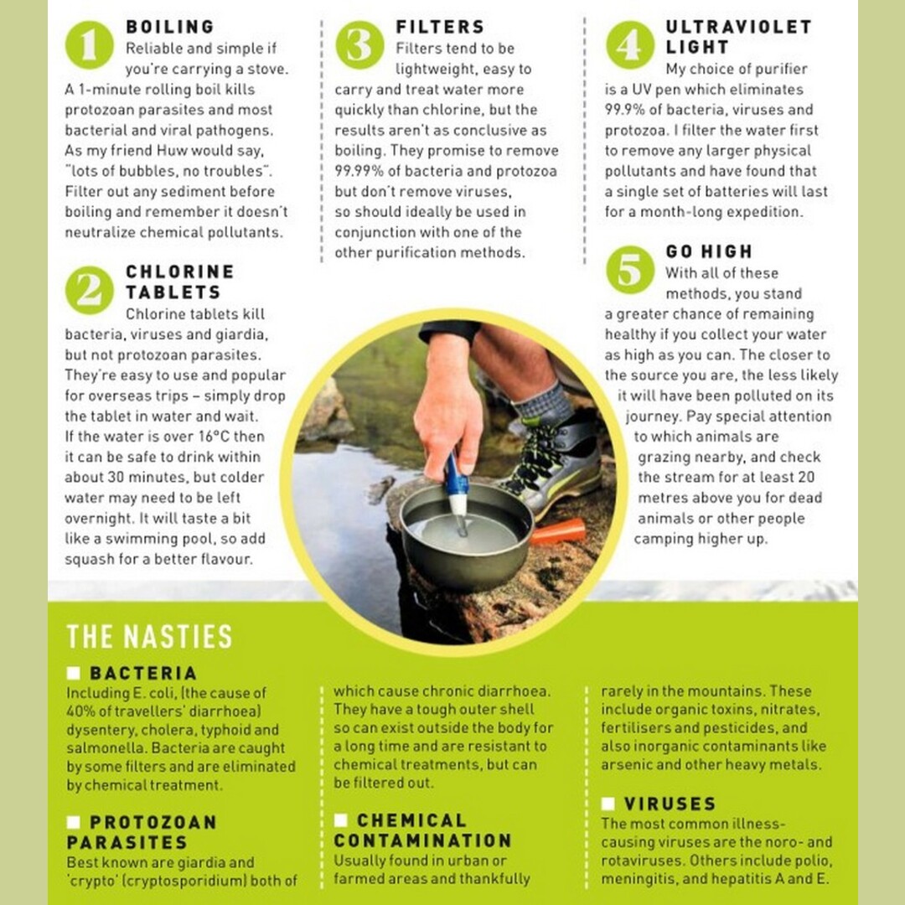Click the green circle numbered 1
tap(90, 45)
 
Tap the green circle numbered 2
tap(90, 290)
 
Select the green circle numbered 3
tap(359, 45)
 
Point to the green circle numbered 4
tap(629, 45)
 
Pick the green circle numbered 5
tap(629, 270)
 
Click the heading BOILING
tap(170, 27)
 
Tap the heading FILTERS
tap(441, 27)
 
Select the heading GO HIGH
tap(710, 251)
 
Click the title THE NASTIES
tap(149, 636)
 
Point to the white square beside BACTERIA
tap(73, 673)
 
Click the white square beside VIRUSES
tap(608, 804)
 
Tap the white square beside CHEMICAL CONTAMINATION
tap(340, 820)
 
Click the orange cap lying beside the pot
tap(558, 530)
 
